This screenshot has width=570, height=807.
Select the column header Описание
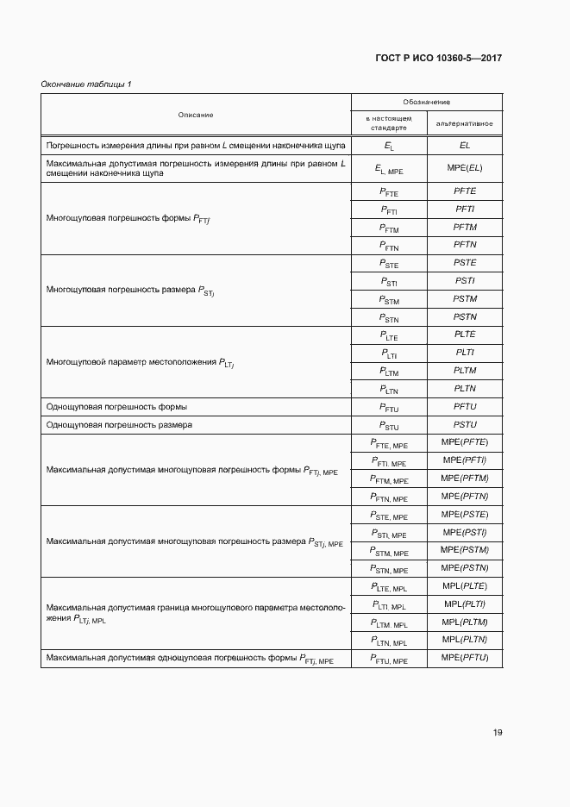pyautogui.click(x=196, y=115)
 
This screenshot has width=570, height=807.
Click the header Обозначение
pyautogui.click(x=426, y=102)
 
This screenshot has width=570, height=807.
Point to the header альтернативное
pyautogui.click(x=465, y=123)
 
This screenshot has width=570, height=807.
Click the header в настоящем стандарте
pyautogui.click(x=389, y=123)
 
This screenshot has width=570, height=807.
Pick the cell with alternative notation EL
pyautogui.click(x=465, y=146)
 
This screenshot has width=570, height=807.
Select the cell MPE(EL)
pyautogui.click(x=465, y=167)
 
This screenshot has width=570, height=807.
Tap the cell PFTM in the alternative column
pyautogui.click(x=465, y=227)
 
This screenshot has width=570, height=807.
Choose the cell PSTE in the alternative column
pyautogui.click(x=465, y=263)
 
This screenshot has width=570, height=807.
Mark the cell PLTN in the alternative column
pyautogui.click(x=465, y=389)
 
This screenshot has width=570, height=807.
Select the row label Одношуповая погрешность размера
pyautogui.click(x=119, y=425)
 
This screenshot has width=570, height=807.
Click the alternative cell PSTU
pyautogui.click(x=465, y=425)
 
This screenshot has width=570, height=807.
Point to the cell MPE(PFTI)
pyautogui.click(x=465, y=460)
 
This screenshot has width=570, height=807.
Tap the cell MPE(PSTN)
pyautogui.click(x=465, y=567)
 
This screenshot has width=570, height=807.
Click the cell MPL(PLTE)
pyautogui.click(x=465, y=586)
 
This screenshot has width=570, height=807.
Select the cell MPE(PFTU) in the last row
pyautogui.click(x=465, y=658)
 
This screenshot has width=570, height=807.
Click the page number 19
pyautogui.click(x=498, y=733)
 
